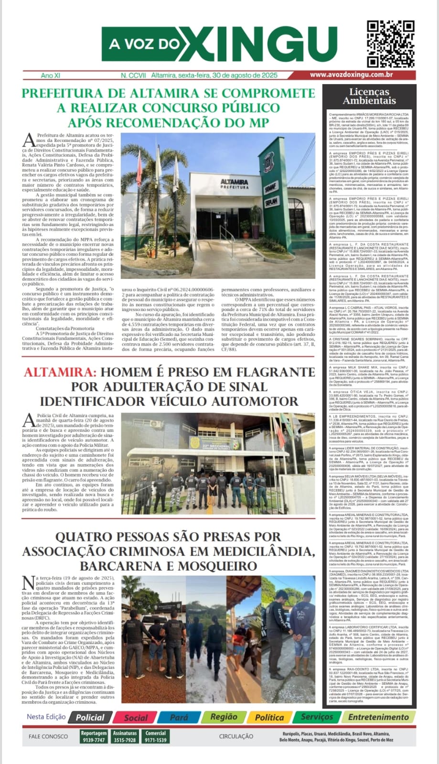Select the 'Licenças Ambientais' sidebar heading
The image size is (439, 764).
369,96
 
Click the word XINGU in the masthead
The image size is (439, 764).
257,45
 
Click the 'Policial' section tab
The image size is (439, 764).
90,717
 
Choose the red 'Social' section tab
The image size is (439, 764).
136,717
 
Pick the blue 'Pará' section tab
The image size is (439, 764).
179,717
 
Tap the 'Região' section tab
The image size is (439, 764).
224,717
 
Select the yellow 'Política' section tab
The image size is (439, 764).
269,717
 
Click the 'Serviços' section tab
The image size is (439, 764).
317,717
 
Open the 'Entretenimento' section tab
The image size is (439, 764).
378,717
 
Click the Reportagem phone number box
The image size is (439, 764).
94,736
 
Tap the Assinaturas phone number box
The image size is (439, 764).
125,736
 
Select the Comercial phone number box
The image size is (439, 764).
156,736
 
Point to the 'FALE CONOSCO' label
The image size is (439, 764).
48,737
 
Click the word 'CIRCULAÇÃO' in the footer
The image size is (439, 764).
236,737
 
